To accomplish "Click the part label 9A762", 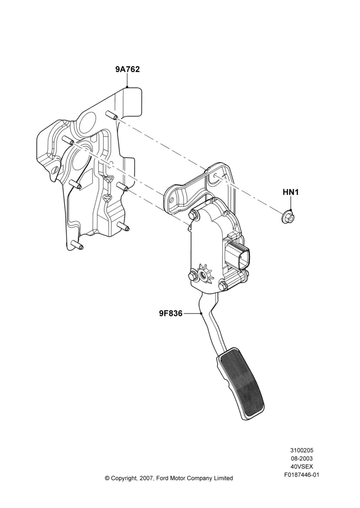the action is click(128, 69).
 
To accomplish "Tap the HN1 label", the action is click(290, 192).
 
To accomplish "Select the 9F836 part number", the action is click(171, 313).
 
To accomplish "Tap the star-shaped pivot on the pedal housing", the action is click(205, 274).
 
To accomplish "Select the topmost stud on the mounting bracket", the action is click(111, 114).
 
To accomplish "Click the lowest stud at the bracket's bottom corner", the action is click(77, 245).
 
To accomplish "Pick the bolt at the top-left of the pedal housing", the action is click(193, 214).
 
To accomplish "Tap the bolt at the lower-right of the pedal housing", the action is click(223, 285).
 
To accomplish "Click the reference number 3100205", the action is click(302, 451).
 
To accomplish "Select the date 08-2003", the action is click(302, 459).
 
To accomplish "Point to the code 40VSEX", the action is click(302, 467).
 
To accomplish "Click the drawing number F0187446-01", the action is click(302, 475).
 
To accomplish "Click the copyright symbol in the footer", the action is click(107, 478).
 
